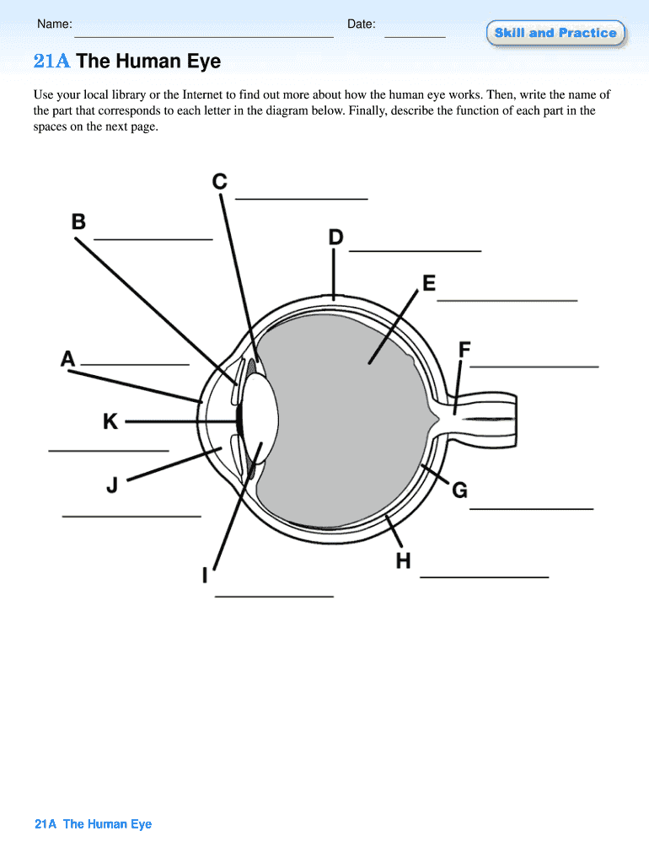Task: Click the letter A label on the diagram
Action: click(68, 360)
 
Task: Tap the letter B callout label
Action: click(78, 222)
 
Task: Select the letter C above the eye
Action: click(219, 181)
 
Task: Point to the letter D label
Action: click(335, 239)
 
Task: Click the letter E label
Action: click(429, 283)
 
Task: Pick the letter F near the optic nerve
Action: click(464, 349)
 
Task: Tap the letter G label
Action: click(459, 490)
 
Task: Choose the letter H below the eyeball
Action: click(404, 560)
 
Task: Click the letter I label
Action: click(205, 576)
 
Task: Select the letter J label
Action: click(112, 485)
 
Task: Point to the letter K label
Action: click(110, 421)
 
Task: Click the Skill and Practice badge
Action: click(555, 33)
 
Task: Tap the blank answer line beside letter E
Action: click(507, 299)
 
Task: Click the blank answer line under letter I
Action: click(275, 596)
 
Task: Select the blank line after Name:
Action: click(204, 37)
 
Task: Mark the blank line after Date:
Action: click(415, 37)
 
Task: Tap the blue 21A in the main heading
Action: click(51, 62)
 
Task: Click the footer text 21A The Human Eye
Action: click(94, 824)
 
